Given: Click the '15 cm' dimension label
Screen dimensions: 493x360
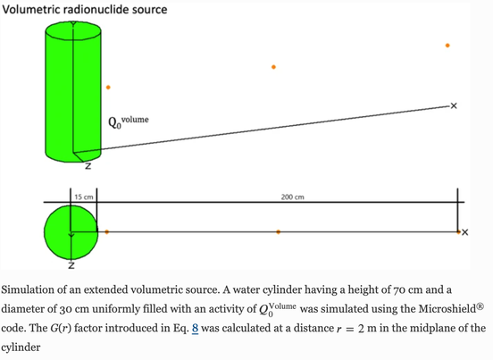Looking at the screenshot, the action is pos(84,197).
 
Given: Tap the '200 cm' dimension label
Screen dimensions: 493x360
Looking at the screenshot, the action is pos(292,197).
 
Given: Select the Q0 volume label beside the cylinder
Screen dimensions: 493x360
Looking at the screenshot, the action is pos(129,122).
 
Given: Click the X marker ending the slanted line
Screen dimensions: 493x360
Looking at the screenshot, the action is pos(454,106).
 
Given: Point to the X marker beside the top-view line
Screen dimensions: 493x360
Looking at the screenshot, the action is pos(465,232).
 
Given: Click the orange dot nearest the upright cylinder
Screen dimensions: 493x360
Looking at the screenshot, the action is pos(108,88).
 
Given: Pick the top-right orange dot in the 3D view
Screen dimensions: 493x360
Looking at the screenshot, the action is pos(447,46).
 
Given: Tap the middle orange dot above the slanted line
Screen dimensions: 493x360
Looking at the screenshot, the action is pos(273,67).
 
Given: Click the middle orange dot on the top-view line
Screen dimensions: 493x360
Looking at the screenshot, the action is pos(278,232).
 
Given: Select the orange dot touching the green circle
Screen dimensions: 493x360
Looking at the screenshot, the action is pos(107,232).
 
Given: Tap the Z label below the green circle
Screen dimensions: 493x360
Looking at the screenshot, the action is pos(71,265).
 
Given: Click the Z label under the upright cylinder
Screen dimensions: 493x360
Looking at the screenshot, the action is pos(88,166).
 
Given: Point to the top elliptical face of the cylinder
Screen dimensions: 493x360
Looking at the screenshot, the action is pos(73,31).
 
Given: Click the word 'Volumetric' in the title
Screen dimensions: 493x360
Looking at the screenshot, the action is pos(30,10).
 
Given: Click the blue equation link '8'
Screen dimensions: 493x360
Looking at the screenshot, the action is pos(195,328).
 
